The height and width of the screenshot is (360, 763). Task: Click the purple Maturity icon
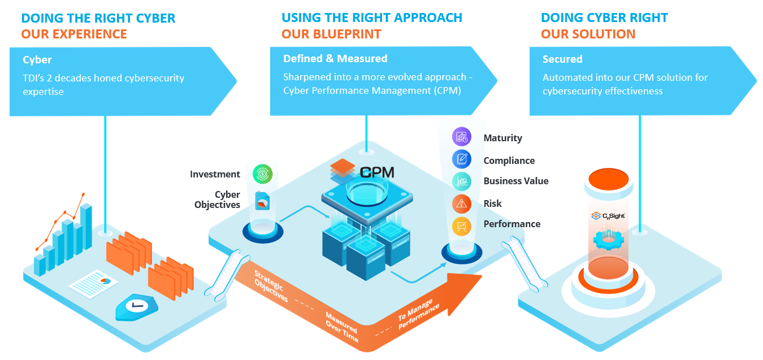click(462, 137)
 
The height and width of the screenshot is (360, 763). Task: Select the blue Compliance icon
click(462, 159)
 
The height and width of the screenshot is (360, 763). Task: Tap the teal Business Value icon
click(462, 181)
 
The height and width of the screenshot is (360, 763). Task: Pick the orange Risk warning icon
click(462, 203)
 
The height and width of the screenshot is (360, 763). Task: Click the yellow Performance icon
click(462, 226)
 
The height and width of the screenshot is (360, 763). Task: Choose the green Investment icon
click(263, 174)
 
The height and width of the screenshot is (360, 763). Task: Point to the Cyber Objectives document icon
click(262, 201)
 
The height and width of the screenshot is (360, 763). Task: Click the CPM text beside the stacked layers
click(377, 173)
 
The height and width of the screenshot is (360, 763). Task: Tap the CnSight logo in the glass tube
click(608, 216)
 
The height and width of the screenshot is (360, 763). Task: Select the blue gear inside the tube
click(609, 240)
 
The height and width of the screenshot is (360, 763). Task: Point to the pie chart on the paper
click(106, 281)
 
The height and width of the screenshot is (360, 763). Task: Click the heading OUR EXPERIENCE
click(74, 34)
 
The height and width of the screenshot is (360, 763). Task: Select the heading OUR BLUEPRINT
click(331, 34)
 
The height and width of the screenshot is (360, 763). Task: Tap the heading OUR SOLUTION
click(588, 34)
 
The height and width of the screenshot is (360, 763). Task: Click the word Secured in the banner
click(562, 59)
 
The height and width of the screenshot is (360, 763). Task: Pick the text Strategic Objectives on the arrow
click(271, 286)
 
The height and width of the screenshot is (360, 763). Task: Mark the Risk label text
click(492, 203)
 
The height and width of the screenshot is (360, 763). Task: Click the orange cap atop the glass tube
click(609, 179)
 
